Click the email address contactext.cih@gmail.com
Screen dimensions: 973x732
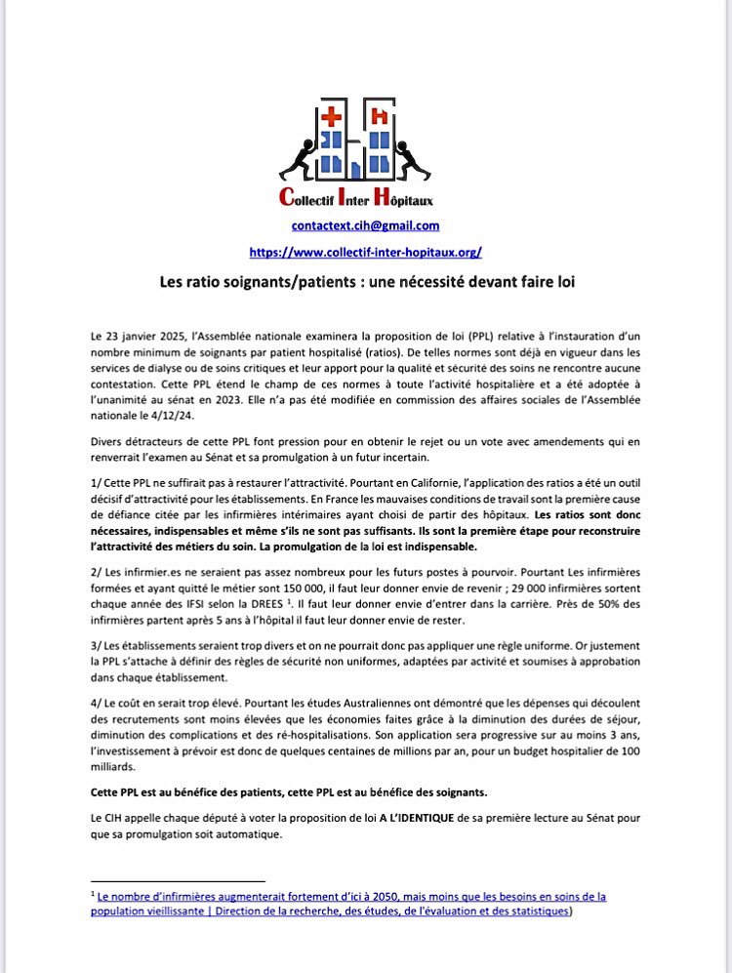point(365,225)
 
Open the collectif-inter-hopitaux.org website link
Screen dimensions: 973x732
point(365,252)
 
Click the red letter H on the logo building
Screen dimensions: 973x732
point(395,116)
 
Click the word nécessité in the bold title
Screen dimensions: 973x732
point(429,280)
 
